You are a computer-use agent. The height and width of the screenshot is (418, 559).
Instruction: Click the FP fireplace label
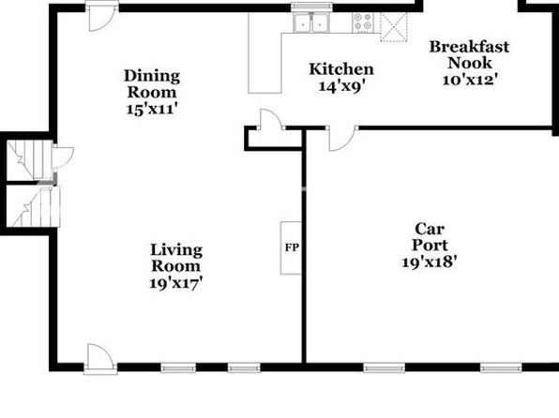tap(292, 247)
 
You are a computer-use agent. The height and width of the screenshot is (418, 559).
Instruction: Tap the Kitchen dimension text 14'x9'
tap(341, 86)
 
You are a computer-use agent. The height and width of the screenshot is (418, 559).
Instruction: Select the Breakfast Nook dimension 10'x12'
tap(470, 79)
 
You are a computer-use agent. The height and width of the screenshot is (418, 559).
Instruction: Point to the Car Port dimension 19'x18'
tap(430, 261)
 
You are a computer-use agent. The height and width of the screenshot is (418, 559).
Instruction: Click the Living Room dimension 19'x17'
tap(176, 283)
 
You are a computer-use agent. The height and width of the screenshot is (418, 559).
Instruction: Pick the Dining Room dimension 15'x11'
tap(152, 109)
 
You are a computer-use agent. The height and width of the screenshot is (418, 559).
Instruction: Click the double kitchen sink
tap(311, 22)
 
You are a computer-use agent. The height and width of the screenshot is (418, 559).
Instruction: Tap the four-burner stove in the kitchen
tap(363, 22)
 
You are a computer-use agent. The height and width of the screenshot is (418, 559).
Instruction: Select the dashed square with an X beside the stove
tap(394, 27)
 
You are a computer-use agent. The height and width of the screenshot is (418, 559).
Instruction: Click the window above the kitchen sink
tap(311, 7)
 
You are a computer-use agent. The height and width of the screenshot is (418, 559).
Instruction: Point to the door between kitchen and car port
tap(342, 139)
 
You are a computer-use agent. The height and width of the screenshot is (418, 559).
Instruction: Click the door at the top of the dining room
tap(101, 16)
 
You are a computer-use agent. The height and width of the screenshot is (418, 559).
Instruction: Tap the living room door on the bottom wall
tap(101, 359)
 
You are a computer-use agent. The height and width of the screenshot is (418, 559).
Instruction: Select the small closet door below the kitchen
tap(273, 119)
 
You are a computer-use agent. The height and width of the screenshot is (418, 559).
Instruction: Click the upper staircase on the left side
tap(30, 159)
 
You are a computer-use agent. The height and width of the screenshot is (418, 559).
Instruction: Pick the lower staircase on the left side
tap(33, 206)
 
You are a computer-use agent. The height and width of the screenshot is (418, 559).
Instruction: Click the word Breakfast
tap(469, 47)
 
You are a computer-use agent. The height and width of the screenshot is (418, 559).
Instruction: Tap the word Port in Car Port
tap(430, 246)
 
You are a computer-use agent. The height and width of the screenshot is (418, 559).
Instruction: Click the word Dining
tap(152, 76)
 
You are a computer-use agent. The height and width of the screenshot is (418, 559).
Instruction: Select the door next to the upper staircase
tap(63, 157)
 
